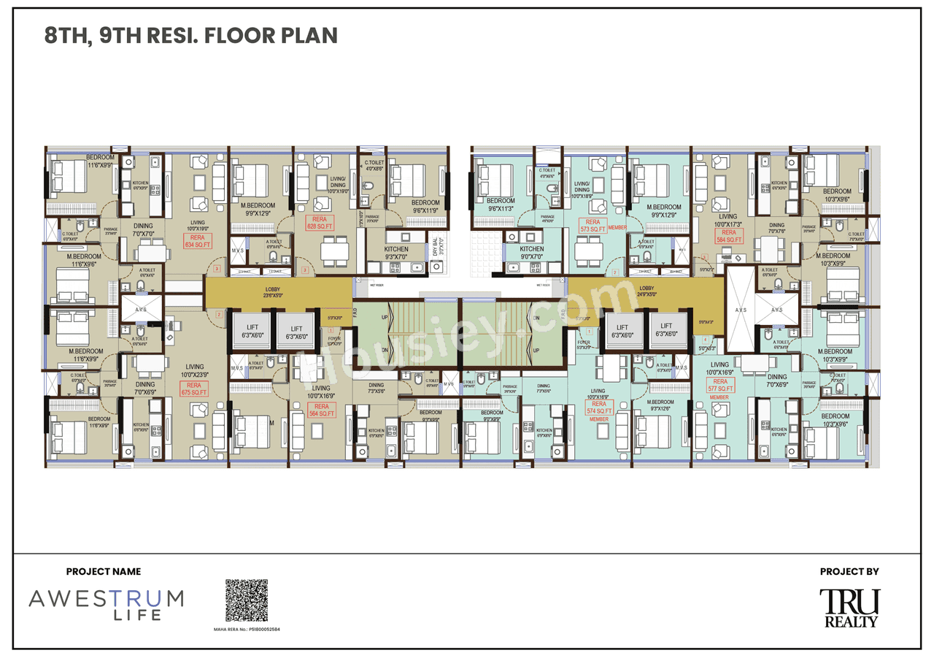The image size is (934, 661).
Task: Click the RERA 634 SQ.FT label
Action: coord(198,242)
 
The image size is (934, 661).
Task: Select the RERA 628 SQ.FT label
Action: coord(320,223)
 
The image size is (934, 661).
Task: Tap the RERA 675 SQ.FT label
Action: coord(193,389)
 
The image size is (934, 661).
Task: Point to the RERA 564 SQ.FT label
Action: coord(321,410)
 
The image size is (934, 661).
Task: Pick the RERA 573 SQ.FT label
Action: coord(593,226)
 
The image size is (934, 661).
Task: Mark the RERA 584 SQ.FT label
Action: coord(729,235)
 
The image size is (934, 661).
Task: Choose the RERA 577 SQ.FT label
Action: coord(719,386)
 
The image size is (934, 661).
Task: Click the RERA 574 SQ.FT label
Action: coord(598,408)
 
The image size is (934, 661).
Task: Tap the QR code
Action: coord(246,600)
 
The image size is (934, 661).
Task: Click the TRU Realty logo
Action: coord(849,608)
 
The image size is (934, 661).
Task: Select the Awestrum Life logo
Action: coord(106,605)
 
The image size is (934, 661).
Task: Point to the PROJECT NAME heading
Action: coord(104,572)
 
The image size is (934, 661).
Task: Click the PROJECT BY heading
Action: coord(849,572)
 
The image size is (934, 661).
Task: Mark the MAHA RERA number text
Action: coord(247,628)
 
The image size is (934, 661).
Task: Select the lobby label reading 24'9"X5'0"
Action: coord(647,291)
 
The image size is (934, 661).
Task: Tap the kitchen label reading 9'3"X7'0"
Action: coord(396,253)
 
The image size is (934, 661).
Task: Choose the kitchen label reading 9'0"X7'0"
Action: coord(532,253)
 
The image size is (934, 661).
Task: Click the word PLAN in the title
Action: coord(308,36)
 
